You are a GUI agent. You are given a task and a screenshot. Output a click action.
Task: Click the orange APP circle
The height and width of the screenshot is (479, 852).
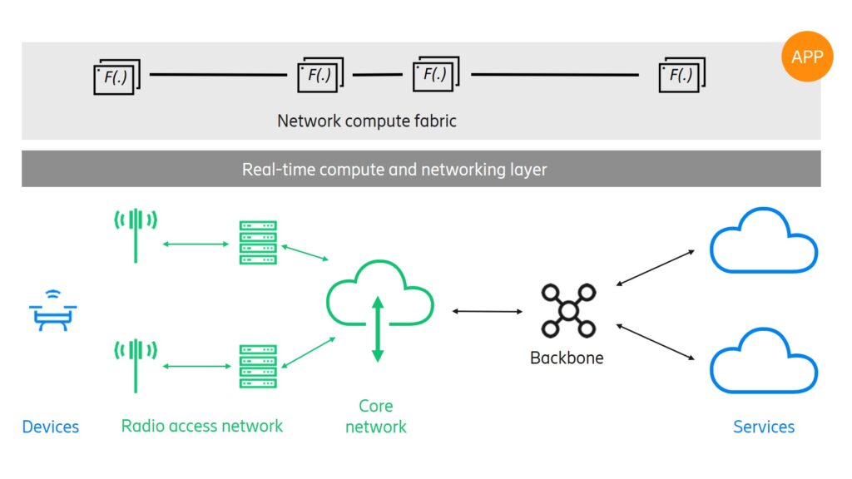pos(807,57)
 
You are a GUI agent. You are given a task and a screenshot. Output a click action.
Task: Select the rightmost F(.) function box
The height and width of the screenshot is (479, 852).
pos(681,75)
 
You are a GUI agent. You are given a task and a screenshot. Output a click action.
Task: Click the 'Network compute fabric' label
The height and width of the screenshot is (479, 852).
pos(367,121)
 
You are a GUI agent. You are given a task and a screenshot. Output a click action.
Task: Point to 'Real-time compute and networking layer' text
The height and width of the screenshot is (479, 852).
pos(394,170)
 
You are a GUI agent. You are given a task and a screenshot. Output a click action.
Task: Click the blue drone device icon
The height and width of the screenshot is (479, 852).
pos(53,312)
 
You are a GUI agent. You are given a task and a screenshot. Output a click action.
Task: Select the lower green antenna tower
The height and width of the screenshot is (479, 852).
pos(136,363)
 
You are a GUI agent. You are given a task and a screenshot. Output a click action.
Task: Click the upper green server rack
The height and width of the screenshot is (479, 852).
pos(258,242)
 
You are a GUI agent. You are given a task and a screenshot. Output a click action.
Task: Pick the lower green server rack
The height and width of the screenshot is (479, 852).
pos(258,366)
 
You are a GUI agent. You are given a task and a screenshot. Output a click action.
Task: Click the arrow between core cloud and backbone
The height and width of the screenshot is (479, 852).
pos(488,311)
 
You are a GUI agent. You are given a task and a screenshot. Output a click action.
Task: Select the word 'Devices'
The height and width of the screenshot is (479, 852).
pos(51,427)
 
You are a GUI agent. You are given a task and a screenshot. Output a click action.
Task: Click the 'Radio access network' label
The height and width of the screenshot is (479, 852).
pos(202,426)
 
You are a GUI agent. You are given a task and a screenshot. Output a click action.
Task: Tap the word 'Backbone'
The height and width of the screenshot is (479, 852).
pos(567,358)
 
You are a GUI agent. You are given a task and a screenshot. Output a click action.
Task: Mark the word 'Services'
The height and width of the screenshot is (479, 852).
pos(763,427)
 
